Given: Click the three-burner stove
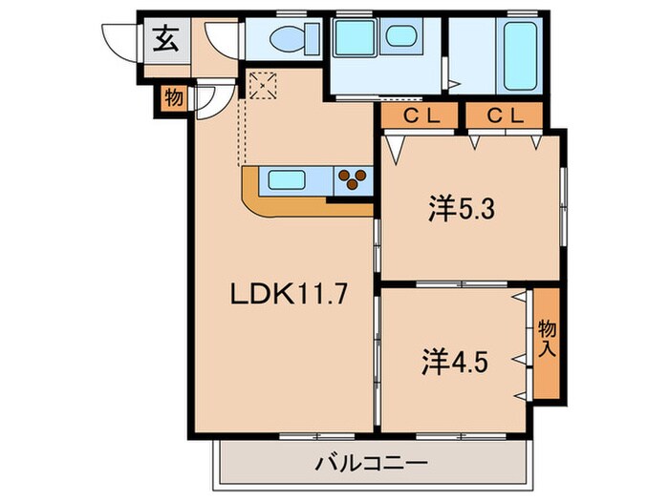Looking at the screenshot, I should pos(354,178).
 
